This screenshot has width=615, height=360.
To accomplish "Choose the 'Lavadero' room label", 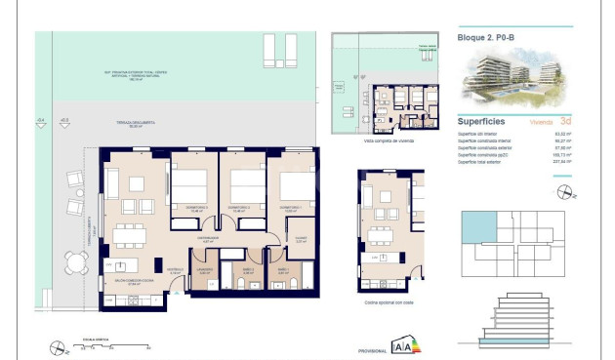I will click(x=203, y=270).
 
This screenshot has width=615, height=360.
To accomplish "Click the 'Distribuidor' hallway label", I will click(x=207, y=237).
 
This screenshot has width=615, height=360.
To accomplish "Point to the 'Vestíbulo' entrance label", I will click(x=176, y=272).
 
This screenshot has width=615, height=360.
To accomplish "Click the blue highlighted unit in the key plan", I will click(x=476, y=227).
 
